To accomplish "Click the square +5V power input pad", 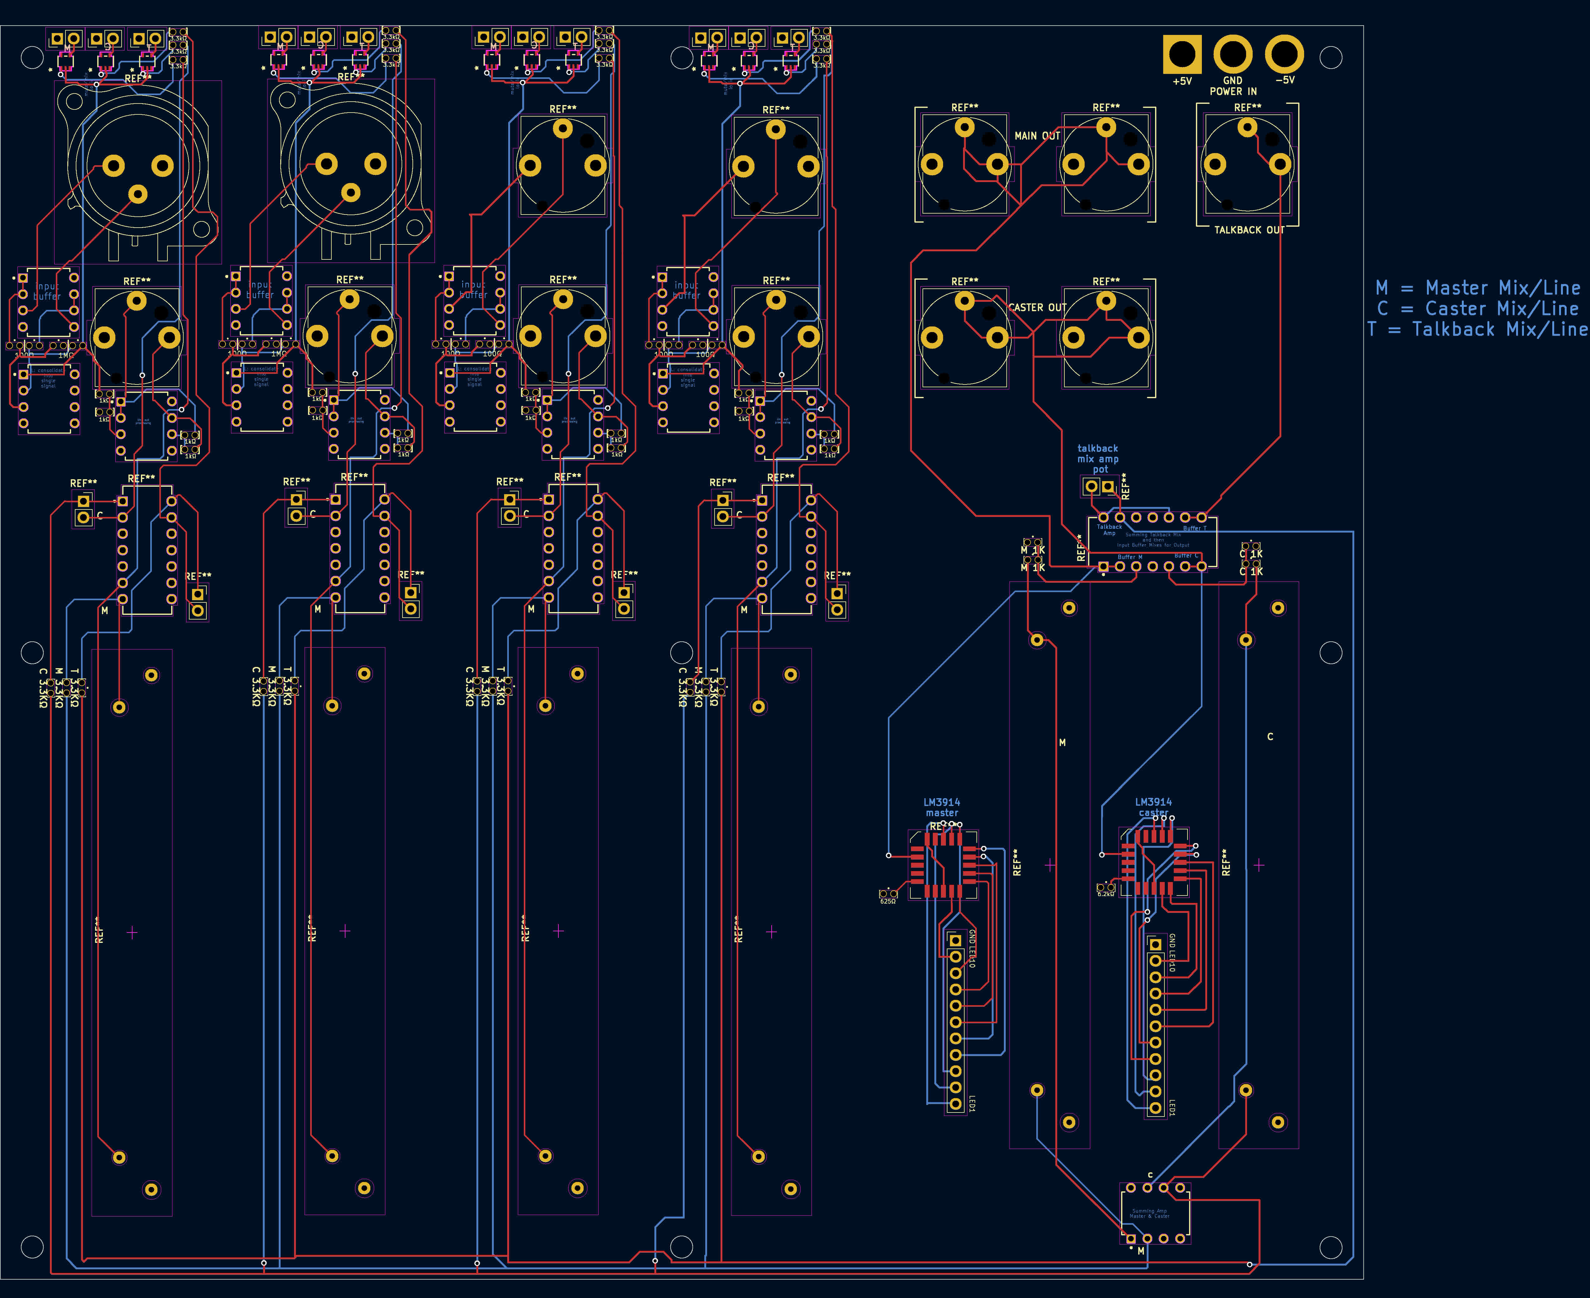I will (1182, 55).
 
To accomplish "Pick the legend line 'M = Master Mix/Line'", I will (1477, 288).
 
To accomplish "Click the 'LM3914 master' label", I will (942, 808).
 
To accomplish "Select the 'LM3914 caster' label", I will (1154, 808).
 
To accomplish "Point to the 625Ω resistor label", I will (887, 902).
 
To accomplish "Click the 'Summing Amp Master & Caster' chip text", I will (1149, 1214).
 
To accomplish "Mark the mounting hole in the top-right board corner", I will (1331, 58).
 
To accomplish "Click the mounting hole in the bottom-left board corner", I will (32, 1247).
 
